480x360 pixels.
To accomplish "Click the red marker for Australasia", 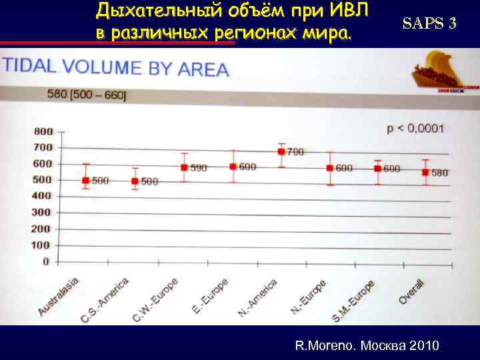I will [x=85, y=180].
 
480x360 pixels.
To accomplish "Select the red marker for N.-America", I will [x=281, y=151].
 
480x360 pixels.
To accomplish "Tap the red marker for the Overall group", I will [x=425, y=172].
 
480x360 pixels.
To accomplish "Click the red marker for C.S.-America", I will [x=135, y=181].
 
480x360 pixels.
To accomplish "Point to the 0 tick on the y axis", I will [x=46, y=261].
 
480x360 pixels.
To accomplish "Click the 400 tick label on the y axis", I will [x=42, y=196].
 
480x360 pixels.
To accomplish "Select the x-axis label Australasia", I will [x=59, y=295].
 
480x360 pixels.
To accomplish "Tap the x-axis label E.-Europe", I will [x=211, y=295].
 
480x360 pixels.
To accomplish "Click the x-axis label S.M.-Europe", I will [x=353, y=301].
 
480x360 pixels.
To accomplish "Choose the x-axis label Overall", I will [x=411, y=291].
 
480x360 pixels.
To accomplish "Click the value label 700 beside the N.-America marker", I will [x=295, y=152].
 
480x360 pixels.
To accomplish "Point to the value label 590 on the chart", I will [x=199, y=168].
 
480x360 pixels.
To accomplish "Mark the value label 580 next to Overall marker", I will [x=440, y=173].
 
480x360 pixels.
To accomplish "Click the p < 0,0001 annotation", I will [x=415, y=127].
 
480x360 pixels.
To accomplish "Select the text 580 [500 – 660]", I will [x=87, y=95].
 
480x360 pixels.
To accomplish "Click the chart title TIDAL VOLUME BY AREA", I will [x=116, y=67].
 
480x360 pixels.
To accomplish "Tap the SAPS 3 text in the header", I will [x=429, y=23].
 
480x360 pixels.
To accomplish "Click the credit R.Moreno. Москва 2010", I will [x=367, y=345].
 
